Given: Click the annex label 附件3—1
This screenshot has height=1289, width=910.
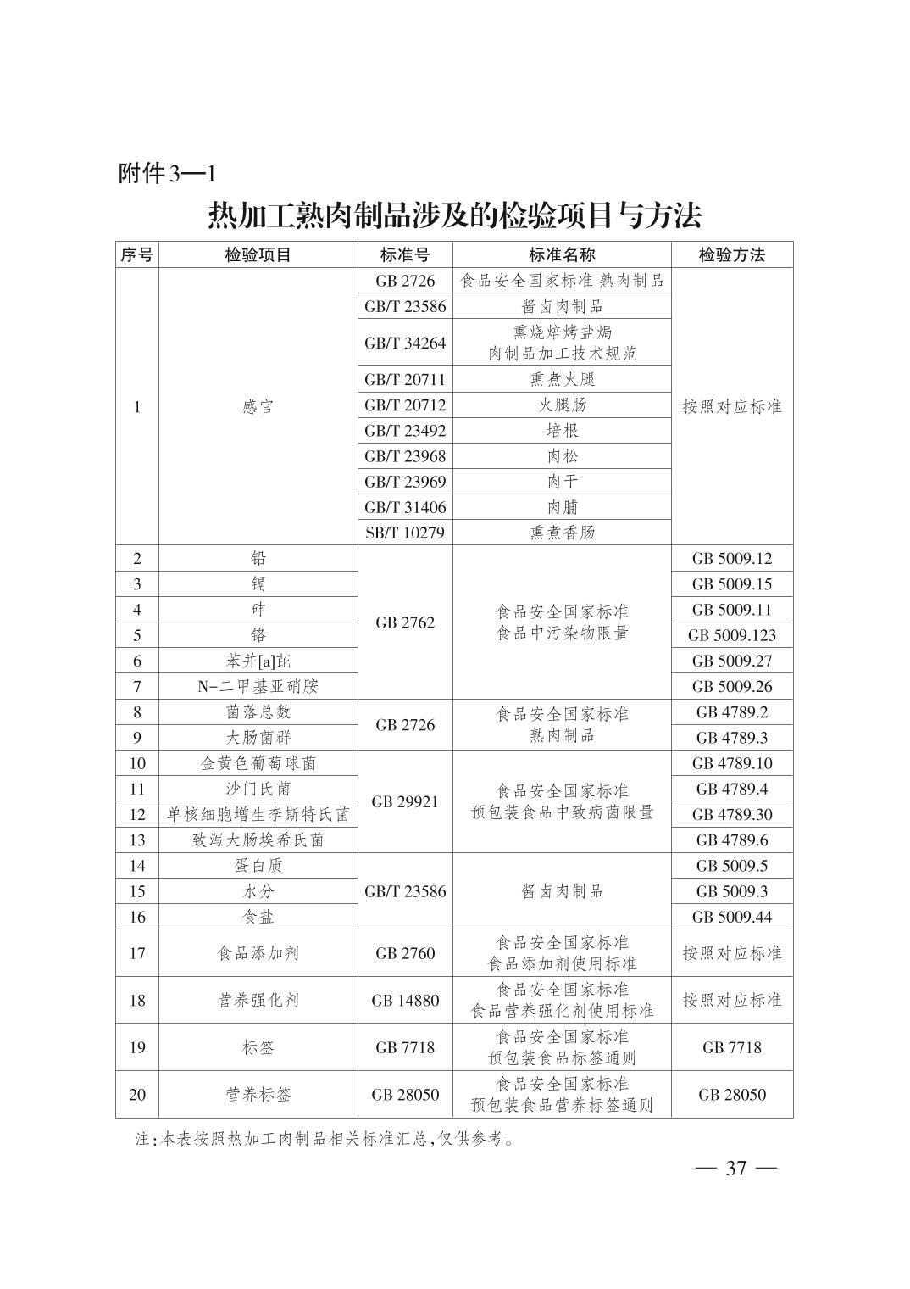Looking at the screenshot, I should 167,174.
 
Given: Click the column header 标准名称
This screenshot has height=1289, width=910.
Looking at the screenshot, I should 562,254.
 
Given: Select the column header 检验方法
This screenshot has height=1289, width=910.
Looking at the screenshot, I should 731,254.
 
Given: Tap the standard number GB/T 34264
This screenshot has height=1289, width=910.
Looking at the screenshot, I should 405,343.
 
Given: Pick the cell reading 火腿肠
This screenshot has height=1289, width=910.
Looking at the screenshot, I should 562,405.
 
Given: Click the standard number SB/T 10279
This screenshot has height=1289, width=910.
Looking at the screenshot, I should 405,533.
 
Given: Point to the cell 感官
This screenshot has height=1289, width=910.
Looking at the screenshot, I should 258,406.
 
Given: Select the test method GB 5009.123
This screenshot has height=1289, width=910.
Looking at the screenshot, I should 731,635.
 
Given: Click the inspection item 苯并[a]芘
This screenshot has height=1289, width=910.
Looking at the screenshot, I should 258,661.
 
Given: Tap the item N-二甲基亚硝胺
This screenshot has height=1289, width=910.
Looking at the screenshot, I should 258,686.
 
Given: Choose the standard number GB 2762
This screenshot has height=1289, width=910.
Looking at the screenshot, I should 405,622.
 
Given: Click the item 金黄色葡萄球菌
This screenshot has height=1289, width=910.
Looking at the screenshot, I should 258,763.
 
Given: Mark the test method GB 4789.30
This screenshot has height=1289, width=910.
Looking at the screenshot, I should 731,814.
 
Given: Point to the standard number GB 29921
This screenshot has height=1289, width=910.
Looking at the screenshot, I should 405,801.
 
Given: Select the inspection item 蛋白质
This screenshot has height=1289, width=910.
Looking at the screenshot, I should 258,865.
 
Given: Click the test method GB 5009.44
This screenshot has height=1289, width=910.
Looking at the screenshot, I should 731,917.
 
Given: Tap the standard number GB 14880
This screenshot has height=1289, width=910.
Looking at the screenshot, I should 405,1000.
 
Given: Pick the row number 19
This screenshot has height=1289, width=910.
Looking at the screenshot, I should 137,1047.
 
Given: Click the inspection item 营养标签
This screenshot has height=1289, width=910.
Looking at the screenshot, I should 258,1095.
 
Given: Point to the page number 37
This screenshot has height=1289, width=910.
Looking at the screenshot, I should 735,1169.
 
